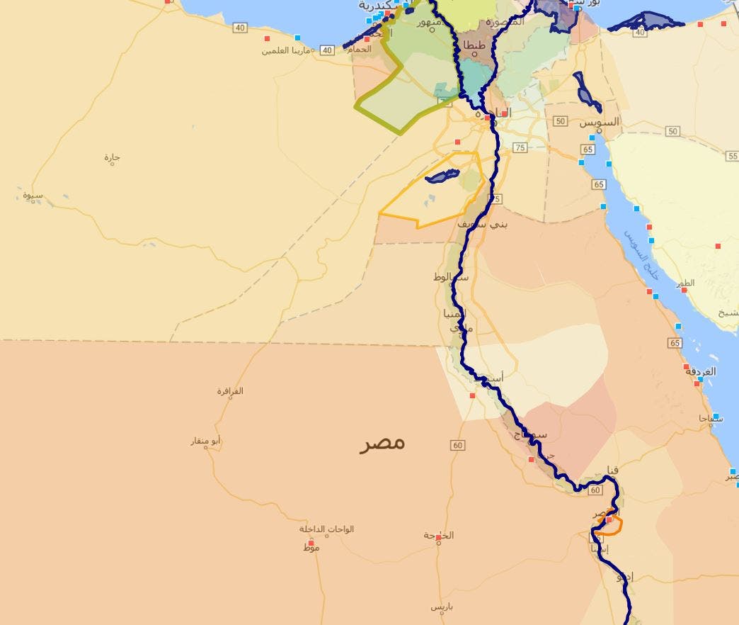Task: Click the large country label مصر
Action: tap(382, 443)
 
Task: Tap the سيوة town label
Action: tap(33, 195)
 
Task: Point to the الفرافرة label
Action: tap(230, 391)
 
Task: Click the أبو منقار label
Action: tap(206, 441)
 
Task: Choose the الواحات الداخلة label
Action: tap(326, 529)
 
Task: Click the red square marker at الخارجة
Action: tap(439, 538)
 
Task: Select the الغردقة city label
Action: tap(700, 371)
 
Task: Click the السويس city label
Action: tap(599, 122)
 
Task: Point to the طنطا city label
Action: tap(474, 46)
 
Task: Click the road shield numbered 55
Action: tap(732, 156)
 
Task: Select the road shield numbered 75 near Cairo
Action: tap(520, 147)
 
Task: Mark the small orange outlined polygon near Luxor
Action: tap(609, 525)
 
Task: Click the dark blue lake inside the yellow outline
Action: tap(442, 176)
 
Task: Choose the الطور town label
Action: tap(685, 283)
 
